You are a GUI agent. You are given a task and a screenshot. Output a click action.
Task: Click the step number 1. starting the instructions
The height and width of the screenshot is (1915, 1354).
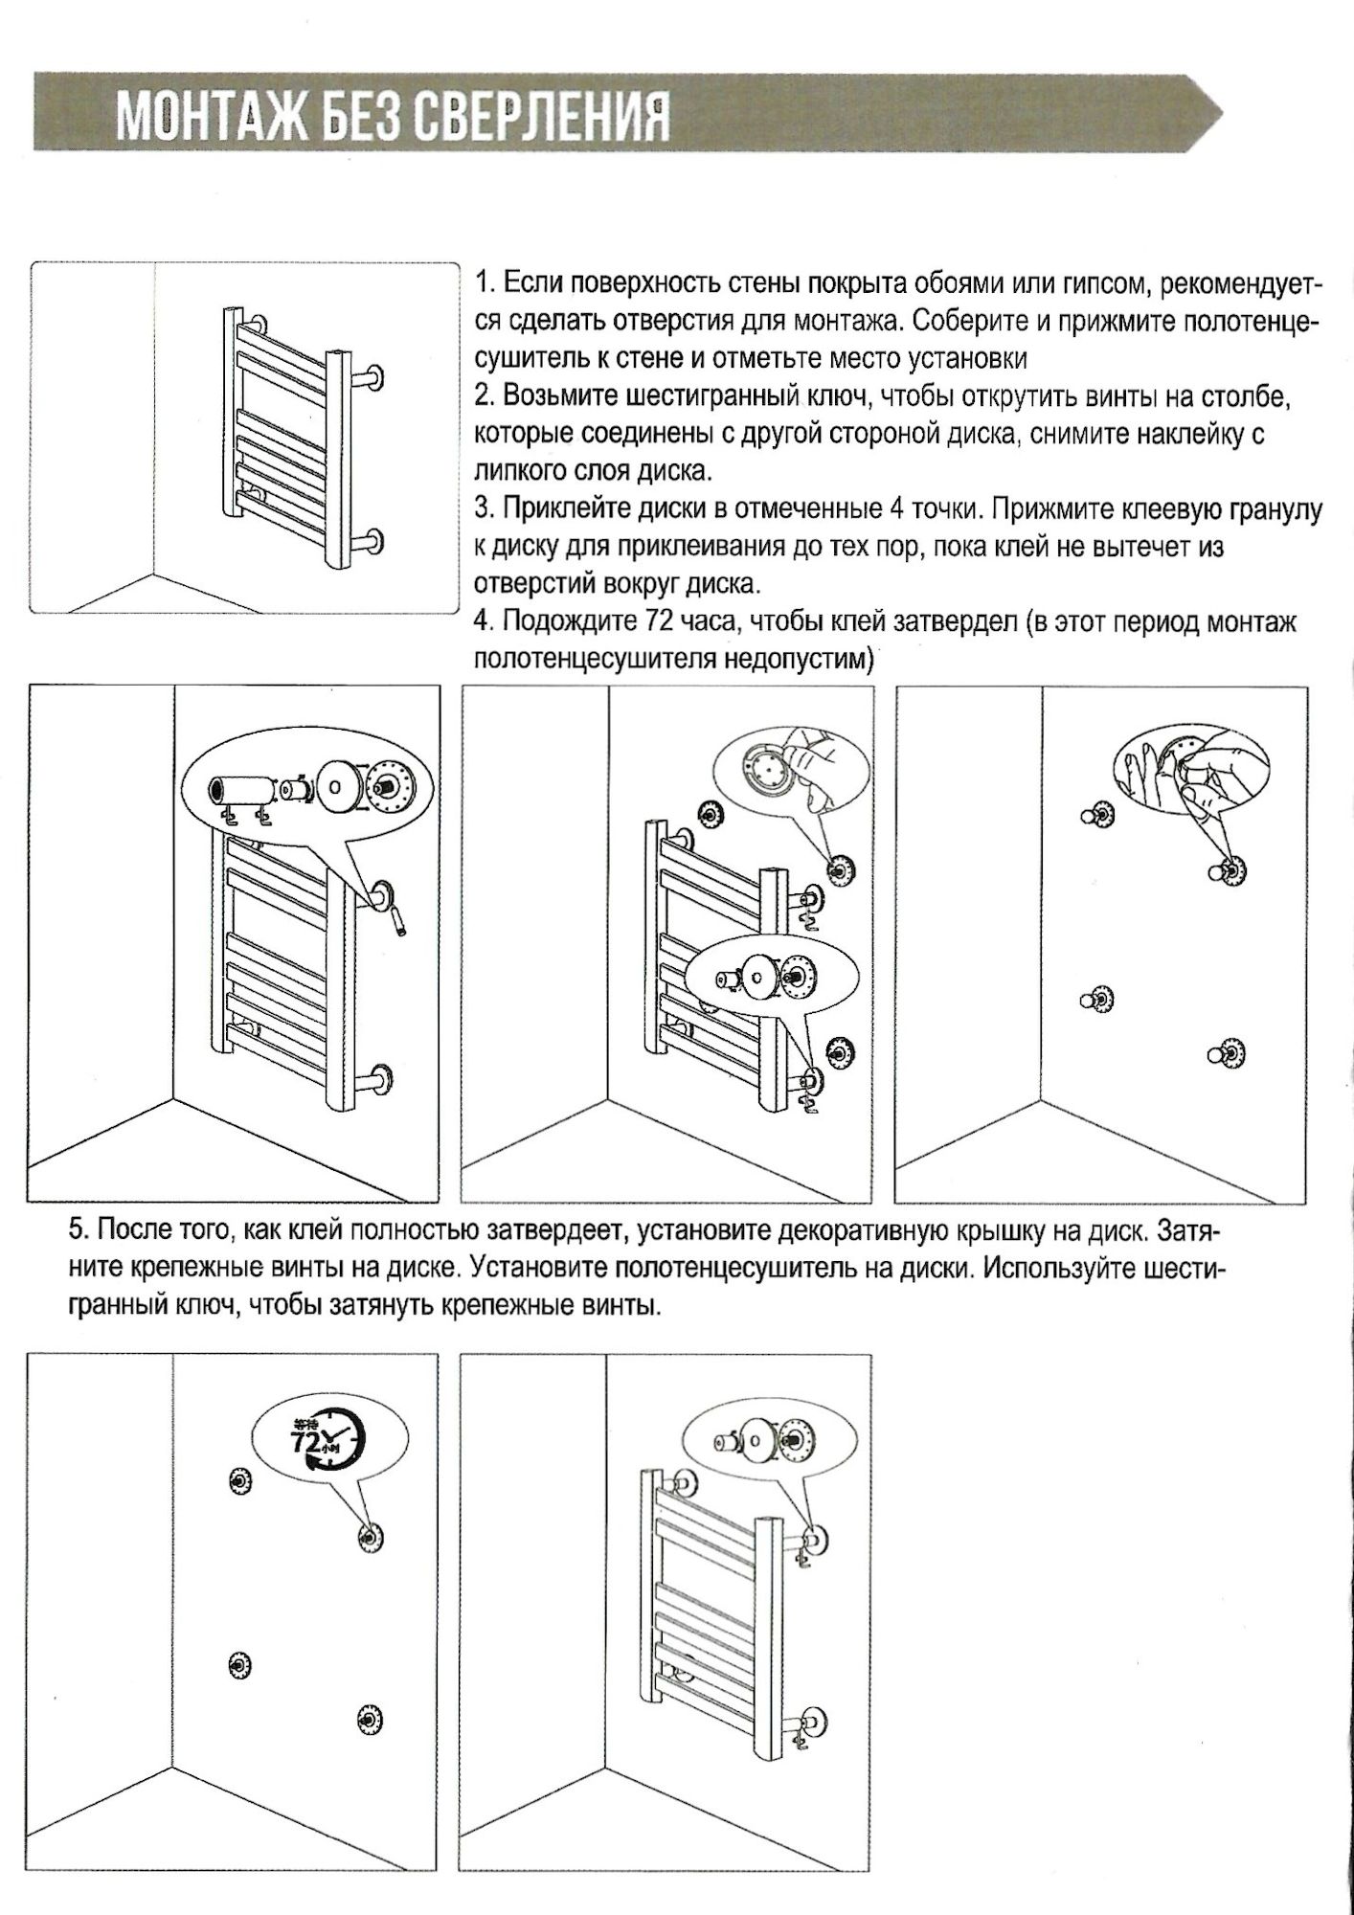coord(485,283)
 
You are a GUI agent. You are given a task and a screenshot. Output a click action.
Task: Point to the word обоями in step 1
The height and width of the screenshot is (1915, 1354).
coord(958,283)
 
